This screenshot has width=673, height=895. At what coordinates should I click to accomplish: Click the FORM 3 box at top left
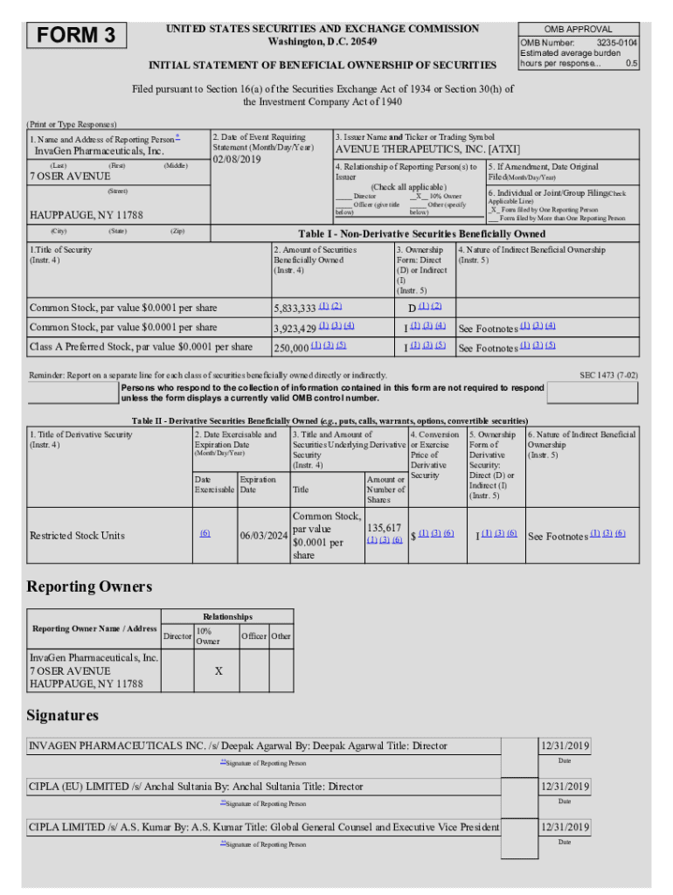(78, 36)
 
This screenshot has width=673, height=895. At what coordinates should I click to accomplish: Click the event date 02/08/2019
(238, 160)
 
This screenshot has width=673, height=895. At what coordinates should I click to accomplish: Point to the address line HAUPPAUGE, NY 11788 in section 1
(87, 215)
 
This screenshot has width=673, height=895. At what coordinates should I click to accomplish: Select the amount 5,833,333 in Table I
(295, 309)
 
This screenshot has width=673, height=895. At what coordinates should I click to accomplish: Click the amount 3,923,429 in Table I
(295, 328)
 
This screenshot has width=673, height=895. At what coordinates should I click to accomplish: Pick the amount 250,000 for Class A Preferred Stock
(291, 348)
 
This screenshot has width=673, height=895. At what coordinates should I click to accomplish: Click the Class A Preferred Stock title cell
(141, 347)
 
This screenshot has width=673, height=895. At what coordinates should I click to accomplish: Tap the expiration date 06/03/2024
(263, 536)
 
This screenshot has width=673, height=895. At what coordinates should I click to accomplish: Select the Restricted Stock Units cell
(77, 536)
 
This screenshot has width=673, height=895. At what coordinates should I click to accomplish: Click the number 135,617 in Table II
(385, 528)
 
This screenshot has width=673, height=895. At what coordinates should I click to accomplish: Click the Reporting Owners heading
(89, 586)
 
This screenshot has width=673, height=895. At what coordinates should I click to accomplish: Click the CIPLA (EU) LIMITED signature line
(196, 787)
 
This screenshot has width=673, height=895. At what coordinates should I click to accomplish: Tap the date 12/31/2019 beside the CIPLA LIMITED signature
(565, 827)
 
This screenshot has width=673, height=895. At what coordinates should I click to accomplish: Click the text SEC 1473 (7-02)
(608, 375)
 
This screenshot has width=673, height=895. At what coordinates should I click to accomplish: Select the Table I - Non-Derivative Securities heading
(421, 234)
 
